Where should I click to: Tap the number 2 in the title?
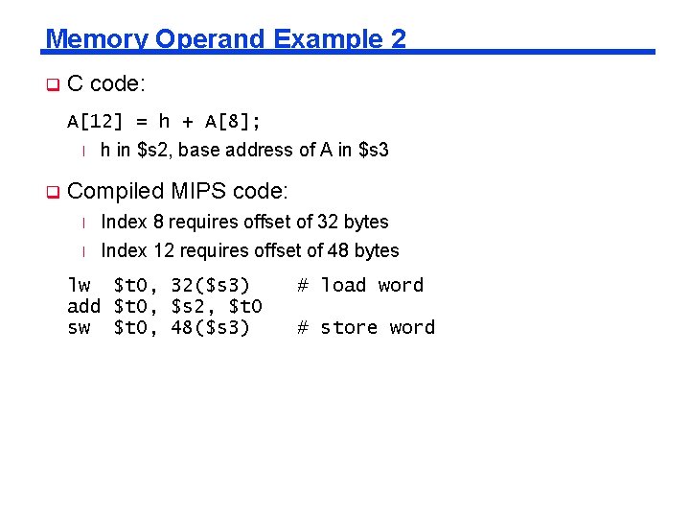pyautogui.click(x=399, y=39)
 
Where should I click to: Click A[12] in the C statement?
pyautogui.click(x=92, y=122)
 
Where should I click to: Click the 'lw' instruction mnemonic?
pyautogui.click(x=79, y=285)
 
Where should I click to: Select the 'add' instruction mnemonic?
pyautogui.click(x=84, y=306)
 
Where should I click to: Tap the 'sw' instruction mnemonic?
pyautogui.click(x=79, y=327)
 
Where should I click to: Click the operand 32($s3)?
pyautogui.click(x=210, y=285)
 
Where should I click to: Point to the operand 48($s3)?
pyautogui.click(x=210, y=327)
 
